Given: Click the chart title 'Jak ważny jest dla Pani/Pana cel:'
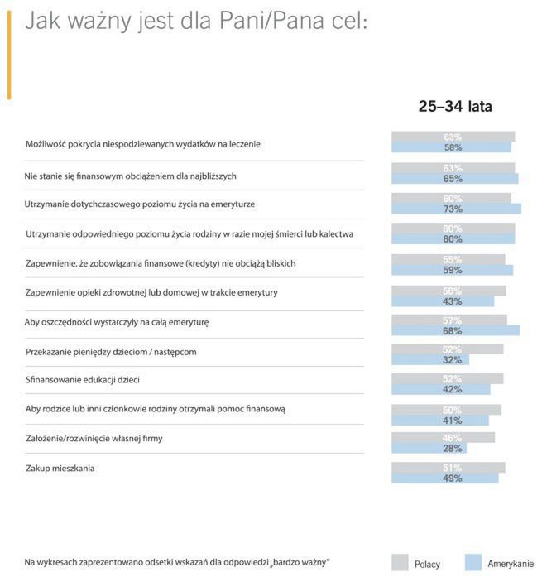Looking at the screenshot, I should click(195, 22).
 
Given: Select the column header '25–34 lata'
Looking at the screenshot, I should click(454, 106).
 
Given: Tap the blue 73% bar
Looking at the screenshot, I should click(456, 209).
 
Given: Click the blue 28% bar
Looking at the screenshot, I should click(429, 448).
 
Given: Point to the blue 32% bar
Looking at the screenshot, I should click(430, 359).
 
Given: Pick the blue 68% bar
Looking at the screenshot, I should click(454, 330).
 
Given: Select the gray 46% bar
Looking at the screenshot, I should click(443, 437).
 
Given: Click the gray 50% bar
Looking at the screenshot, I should click(445, 409).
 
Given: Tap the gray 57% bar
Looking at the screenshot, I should click(448, 320).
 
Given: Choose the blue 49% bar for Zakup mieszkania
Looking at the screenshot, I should click(444, 478).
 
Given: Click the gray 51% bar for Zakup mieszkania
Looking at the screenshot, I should click(447, 467).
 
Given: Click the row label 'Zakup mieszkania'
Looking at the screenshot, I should click(60, 469).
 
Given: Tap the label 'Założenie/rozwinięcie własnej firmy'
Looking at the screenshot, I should click(94, 438).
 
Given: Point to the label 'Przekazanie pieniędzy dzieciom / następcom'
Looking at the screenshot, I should click(111, 352).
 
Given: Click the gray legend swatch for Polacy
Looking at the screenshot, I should click(399, 560).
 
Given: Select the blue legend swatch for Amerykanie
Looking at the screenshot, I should click(473, 560).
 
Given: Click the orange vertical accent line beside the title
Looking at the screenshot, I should click(9, 55).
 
